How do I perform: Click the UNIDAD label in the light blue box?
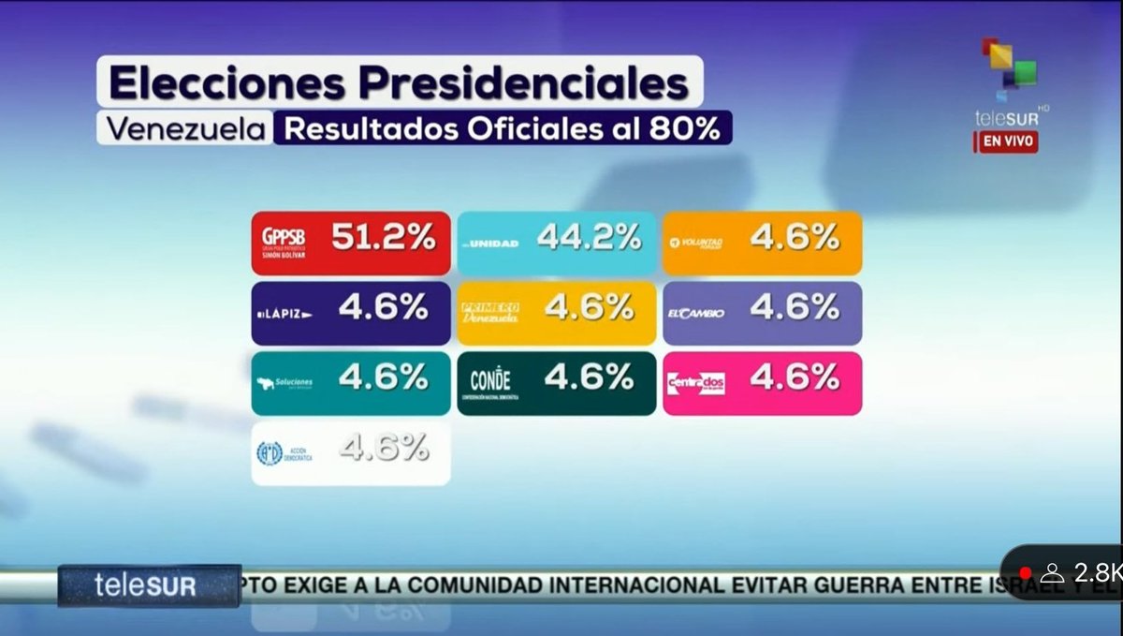494,244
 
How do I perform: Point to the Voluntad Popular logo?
696,244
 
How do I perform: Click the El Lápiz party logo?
284,313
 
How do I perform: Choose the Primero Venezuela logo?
489,312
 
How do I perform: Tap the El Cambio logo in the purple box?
695,313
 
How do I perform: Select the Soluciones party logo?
284,383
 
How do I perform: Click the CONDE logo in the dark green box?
490,382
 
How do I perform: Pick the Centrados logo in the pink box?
695,383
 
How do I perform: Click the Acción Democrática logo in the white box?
284,453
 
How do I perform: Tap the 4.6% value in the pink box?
795,377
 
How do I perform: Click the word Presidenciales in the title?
525,84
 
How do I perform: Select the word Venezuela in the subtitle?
184,128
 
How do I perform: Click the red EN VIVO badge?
1009,142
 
